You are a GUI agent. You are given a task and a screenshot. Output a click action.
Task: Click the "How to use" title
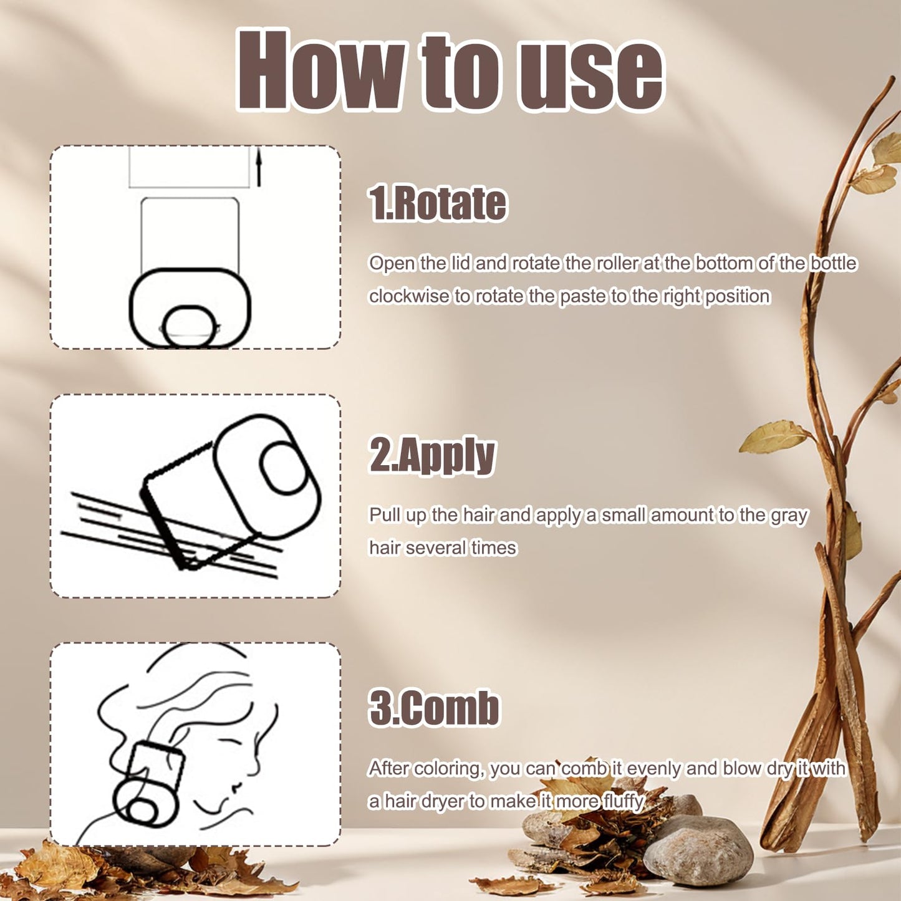(450, 70)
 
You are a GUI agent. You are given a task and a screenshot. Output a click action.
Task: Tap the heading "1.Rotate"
(438, 203)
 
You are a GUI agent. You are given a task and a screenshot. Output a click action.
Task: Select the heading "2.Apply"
(432, 456)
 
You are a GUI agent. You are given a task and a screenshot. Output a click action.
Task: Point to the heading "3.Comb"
(434, 708)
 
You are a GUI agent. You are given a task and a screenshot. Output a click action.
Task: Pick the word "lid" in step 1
(461, 263)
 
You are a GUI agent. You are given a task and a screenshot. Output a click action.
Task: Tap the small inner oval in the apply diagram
(282, 468)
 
